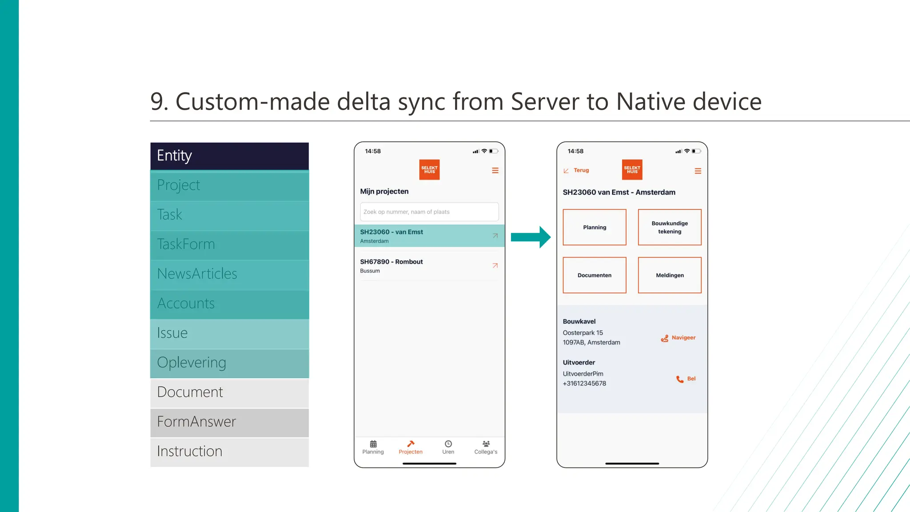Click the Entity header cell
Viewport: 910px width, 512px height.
[x=229, y=156]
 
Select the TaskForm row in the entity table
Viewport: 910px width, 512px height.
[x=229, y=244]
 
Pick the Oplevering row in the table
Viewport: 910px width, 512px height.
[x=229, y=363]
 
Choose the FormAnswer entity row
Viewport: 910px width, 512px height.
[x=229, y=422]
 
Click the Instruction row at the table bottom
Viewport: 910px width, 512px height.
[x=229, y=452]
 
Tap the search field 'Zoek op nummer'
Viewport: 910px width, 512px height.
[x=429, y=212]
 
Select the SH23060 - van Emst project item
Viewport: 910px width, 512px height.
[x=422, y=236]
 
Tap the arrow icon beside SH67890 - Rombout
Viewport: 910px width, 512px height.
[x=495, y=266]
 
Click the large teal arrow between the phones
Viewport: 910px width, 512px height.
[x=531, y=237]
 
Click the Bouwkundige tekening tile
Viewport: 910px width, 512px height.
[x=669, y=228]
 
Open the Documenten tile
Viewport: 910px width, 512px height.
[x=594, y=276]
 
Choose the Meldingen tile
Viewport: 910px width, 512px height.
[x=669, y=276]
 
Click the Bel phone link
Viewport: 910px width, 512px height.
[x=686, y=379]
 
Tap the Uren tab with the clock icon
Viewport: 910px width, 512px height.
[x=448, y=447]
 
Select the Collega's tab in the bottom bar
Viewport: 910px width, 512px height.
[x=485, y=447]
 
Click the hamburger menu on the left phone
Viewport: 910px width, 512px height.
[x=495, y=171]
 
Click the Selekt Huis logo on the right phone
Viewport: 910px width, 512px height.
[x=632, y=170]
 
